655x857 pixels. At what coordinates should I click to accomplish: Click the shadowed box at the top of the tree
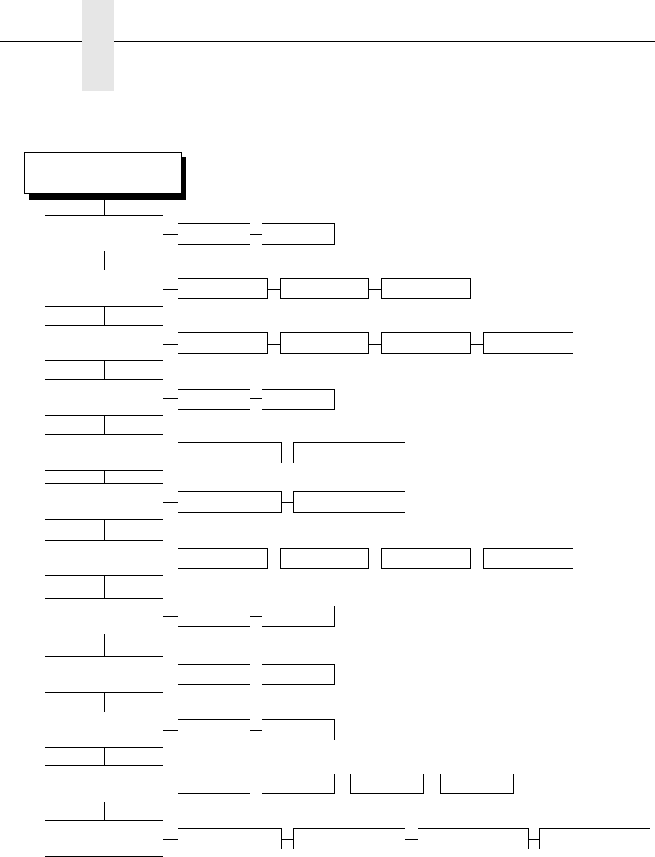[x=103, y=173]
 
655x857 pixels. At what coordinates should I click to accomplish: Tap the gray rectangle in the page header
[x=98, y=45]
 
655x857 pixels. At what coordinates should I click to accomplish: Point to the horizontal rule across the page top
[x=378, y=41]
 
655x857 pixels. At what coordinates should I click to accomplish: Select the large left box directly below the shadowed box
[x=104, y=233]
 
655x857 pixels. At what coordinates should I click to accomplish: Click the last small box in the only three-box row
[x=426, y=288]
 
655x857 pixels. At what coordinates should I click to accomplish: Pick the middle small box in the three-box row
[x=324, y=288]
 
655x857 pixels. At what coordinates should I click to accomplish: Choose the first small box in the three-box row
[x=222, y=288]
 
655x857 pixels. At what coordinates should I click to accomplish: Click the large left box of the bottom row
[x=104, y=838]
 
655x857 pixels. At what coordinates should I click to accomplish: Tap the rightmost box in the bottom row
[x=594, y=838]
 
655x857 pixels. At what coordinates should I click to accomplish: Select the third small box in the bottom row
[x=473, y=838]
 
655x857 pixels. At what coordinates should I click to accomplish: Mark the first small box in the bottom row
[x=229, y=838]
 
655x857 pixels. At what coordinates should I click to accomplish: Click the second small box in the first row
[x=298, y=233]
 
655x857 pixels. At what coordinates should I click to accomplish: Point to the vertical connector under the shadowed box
[x=104, y=207]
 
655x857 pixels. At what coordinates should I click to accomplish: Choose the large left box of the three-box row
[x=104, y=288]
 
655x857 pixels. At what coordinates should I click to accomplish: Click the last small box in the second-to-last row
[x=477, y=784]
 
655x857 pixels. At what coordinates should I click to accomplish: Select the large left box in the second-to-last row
[x=104, y=784]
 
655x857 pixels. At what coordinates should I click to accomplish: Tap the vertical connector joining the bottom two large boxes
[x=104, y=811]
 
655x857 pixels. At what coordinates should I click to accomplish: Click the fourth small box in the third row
[x=528, y=343]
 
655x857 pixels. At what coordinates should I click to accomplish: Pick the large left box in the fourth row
[x=104, y=397]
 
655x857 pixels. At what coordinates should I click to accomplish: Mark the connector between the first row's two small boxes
[x=256, y=233]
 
